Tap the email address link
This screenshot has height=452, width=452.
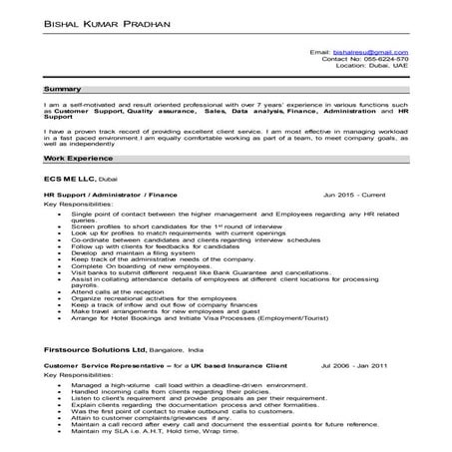[369, 50]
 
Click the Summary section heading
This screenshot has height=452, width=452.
[63, 89]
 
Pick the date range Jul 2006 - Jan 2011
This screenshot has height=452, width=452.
[355, 366]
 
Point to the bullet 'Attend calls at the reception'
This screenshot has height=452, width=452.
[117, 290]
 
